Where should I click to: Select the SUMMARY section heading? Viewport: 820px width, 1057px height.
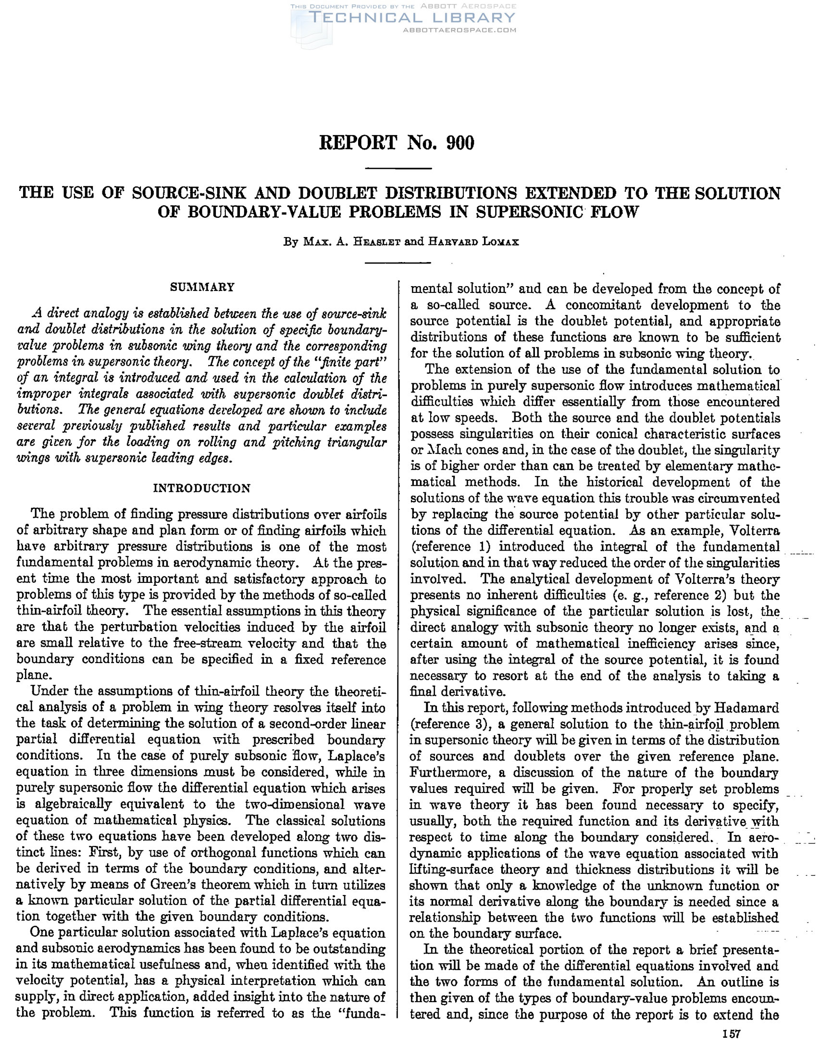coord(202,287)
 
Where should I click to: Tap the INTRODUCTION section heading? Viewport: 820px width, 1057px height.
coord(202,488)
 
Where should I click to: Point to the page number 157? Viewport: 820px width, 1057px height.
coord(731,1034)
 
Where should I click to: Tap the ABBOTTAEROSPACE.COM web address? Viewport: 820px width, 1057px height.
coord(460,30)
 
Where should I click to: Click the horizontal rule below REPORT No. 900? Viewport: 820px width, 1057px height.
coord(397,168)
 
